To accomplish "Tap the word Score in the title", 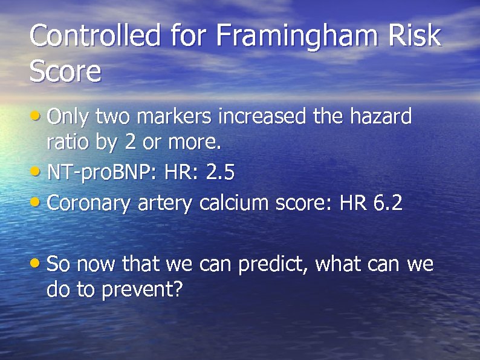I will click(x=65, y=71).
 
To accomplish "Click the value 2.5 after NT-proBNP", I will click(x=220, y=173).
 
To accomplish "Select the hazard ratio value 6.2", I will click(x=388, y=203).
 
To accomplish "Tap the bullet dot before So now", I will click(x=37, y=263).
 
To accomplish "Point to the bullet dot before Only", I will click(x=37, y=114).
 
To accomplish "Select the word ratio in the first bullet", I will click(x=67, y=143).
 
